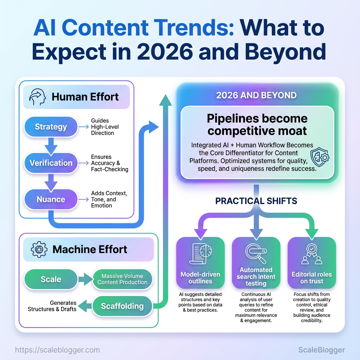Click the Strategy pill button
[x=51, y=127]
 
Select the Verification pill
[x=51, y=163]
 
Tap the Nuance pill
[x=51, y=199]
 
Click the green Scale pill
[x=51, y=279]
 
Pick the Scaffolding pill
[x=122, y=306]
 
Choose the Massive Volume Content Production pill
[x=122, y=279]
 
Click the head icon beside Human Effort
[x=37, y=97]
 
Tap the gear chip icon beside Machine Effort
[x=39, y=249]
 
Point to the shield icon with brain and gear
[x=320, y=157]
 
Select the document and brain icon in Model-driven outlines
[x=200, y=254]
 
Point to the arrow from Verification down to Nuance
[x=51, y=182]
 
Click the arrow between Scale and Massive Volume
[x=85, y=279]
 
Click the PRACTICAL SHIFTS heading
[x=256, y=201]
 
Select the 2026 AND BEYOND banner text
[x=256, y=95]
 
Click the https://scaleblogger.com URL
[x=57, y=350]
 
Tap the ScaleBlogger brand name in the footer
[x=321, y=350]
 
